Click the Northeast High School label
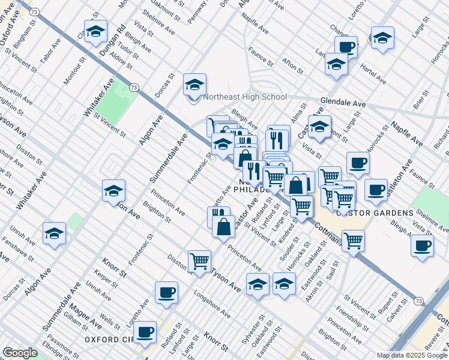click(245, 97)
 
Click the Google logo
click(20, 353)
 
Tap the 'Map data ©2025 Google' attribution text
click(412, 355)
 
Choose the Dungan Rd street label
click(112, 40)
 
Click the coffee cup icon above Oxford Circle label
click(145, 332)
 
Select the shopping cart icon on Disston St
click(199, 261)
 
